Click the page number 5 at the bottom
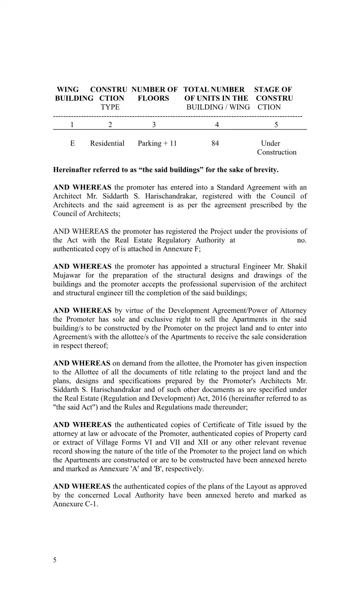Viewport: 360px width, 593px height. tap(55, 560)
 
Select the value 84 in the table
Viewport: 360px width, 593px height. tap(215, 143)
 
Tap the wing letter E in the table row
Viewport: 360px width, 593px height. tap(73, 143)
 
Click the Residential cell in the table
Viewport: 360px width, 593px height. tap(107, 143)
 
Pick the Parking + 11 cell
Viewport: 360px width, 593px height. tap(157, 143)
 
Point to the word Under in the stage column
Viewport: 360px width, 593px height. tap(271, 143)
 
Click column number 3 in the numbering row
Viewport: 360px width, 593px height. tap(154, 125)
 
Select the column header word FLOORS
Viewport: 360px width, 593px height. tap(153, 98)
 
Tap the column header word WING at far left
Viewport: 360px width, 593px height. tap(67, 89)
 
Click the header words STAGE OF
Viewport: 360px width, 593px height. tap(273, 89)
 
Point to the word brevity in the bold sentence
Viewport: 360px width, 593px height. tap(266, 170)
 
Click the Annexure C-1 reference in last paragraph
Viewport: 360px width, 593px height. tap(75, 504)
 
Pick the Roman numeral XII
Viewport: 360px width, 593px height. tap(201, 442)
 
